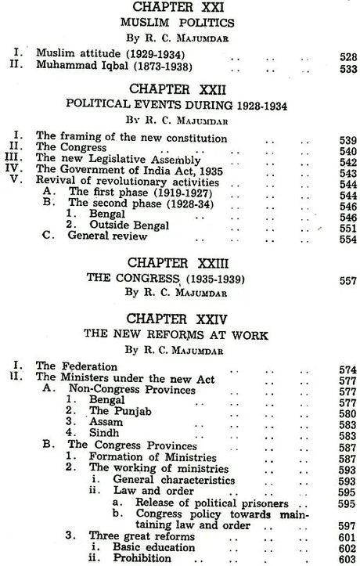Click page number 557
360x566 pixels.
tap(349, 279)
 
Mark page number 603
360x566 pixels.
tap(349, 559)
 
